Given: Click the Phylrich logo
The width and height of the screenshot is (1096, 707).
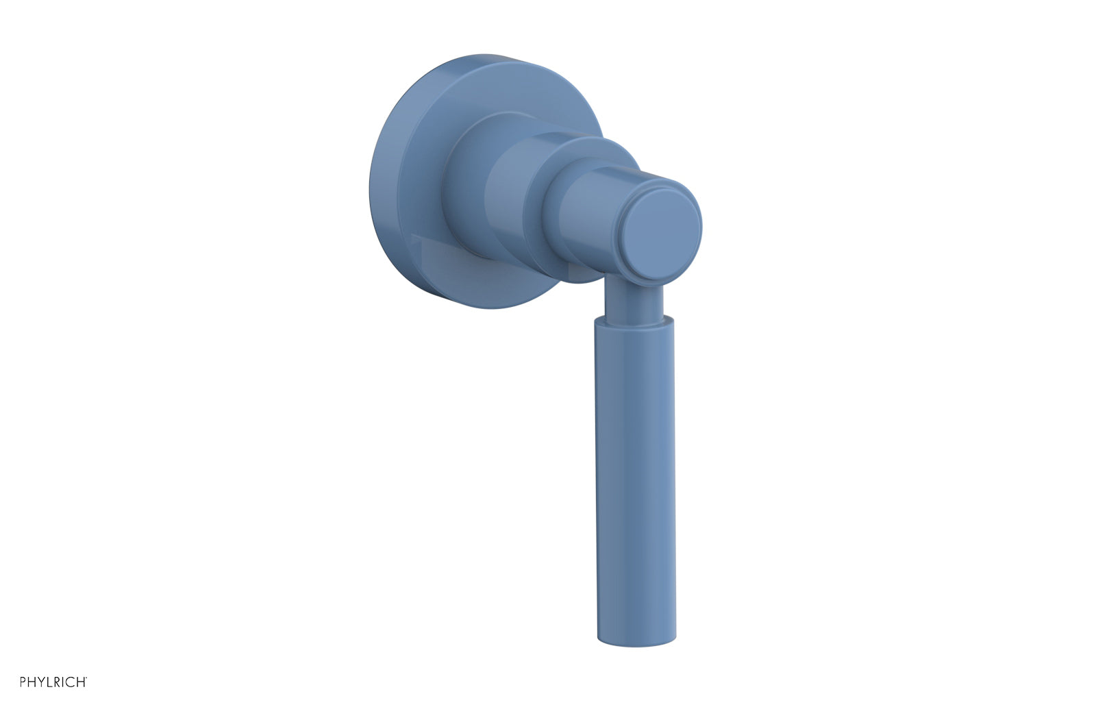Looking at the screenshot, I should (53, 682).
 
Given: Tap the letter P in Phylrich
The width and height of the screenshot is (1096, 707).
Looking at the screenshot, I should (23, 682).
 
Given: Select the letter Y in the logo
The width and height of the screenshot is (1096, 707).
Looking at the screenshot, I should (41, 682).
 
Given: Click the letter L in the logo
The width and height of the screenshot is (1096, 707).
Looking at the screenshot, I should (49, 682).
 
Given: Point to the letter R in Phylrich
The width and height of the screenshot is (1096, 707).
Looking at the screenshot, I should (57, 682).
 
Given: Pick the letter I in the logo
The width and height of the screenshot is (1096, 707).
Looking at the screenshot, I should (63, 682).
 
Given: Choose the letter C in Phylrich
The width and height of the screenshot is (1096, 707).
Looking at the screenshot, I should (70, 682).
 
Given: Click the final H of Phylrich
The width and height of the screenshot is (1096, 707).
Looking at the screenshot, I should (81, 682).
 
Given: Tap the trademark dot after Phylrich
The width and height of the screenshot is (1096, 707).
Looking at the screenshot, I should (86, 678).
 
